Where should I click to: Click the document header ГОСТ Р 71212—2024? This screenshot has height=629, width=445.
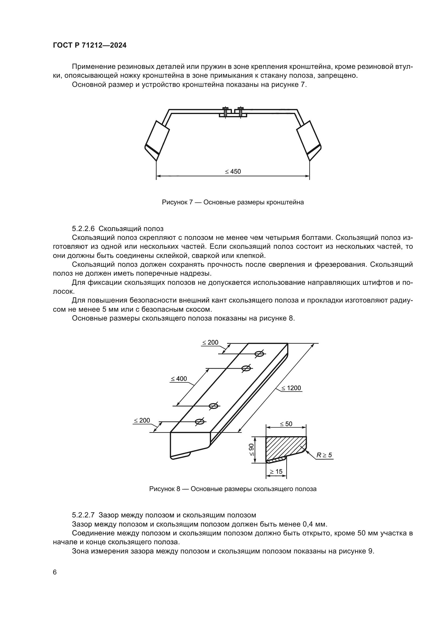pos(90,45)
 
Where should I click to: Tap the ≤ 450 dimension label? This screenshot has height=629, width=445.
pos(233,172)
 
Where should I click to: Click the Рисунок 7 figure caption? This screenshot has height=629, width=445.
pos(233,202)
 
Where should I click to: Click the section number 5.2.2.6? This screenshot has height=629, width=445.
pos(83,229)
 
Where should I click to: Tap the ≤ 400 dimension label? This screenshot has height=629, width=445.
pos(179,379)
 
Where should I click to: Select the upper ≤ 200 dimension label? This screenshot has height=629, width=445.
pos(210,342)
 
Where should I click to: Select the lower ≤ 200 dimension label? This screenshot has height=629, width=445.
pos(142,420)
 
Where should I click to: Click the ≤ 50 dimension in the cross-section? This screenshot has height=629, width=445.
pos(286,424)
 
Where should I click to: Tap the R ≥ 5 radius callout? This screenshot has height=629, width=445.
pos(324,455)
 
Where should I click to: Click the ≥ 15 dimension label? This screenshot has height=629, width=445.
pos(276,471)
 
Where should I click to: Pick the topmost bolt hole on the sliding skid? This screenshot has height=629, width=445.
pos(259,354)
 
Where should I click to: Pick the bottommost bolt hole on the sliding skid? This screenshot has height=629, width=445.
pos(199,422)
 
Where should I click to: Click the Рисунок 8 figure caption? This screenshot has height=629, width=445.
pos(233,489)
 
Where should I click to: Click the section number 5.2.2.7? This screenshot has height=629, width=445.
pos(83,515)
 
